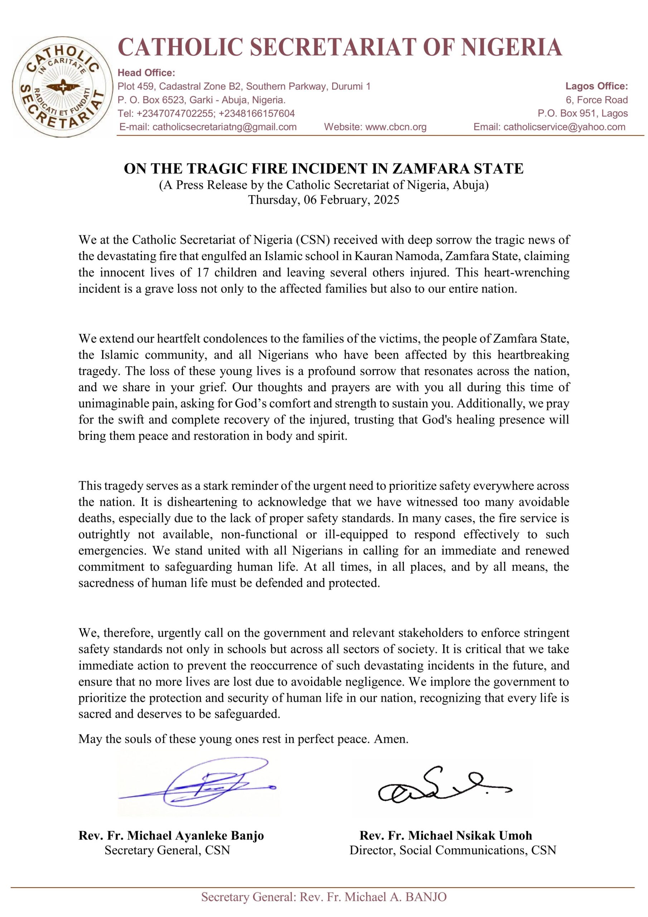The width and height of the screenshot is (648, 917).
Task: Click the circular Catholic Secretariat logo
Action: pyautogui.click(x=62, y=87)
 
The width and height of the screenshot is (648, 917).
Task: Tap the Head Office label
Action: pyautogui.click(x=146, y=73)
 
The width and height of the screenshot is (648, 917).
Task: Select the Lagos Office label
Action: pyautogui.click(x=596, y=86)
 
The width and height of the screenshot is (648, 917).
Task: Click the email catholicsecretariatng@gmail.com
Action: pyautogui.click(x=224, y=127)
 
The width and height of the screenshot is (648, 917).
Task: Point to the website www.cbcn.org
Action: pyautogui.click(x=396, y=127)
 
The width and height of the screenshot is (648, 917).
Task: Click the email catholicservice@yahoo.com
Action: pyautogui.click(x=564, y=127)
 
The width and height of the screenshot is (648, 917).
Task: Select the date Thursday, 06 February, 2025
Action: pyautogui.click(x=323, y=200)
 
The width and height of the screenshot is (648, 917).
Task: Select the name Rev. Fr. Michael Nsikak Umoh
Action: pyautogui.click(x=446, y=836)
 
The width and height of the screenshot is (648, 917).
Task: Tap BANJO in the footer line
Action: pyautogui.click(x=426, y=897)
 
